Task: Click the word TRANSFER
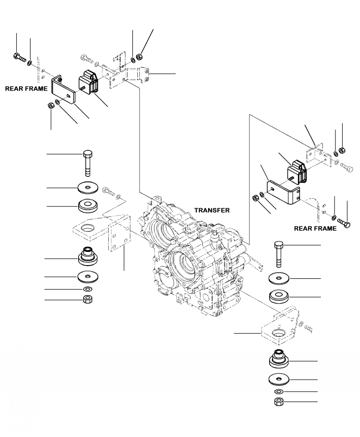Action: coord(212,211)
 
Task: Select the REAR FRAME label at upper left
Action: coord(26,89)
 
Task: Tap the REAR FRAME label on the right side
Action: coord(315,229)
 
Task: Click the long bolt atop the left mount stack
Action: coord(87,161)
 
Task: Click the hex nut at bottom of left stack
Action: coord(87,300)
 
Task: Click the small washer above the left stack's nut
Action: coord(87,289)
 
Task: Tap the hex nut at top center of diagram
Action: coord(140,57)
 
